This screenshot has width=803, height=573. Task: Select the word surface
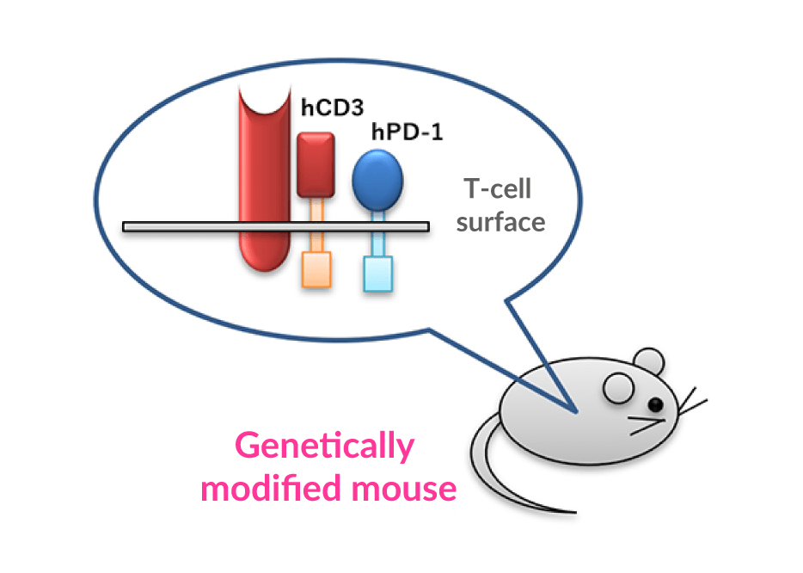500,222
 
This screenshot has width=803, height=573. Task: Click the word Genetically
324,447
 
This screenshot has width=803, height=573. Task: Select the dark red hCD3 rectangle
316,164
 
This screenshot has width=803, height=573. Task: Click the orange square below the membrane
316,269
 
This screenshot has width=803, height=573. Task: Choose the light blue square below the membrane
377,274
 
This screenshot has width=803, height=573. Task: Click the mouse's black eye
656,404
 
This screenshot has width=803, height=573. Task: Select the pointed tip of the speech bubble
574,410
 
